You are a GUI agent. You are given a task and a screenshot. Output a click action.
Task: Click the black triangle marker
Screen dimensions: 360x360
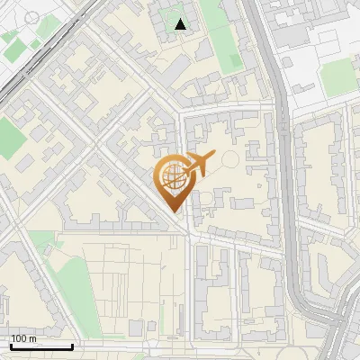181,24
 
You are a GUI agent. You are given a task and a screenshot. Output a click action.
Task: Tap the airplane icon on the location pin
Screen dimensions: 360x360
197,165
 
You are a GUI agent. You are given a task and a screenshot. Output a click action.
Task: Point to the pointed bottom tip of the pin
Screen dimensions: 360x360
174,212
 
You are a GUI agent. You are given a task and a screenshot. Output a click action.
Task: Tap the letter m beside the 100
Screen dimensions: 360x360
32,337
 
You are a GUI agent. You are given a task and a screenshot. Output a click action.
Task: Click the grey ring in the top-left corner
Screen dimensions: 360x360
31,18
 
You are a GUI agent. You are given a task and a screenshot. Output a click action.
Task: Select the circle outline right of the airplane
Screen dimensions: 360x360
230,160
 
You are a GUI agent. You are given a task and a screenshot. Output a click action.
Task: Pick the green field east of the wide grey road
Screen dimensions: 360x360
338,78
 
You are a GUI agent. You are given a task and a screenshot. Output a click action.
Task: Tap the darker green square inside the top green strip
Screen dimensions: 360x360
231,62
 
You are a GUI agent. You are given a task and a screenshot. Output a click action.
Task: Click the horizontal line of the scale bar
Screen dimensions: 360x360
40,346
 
